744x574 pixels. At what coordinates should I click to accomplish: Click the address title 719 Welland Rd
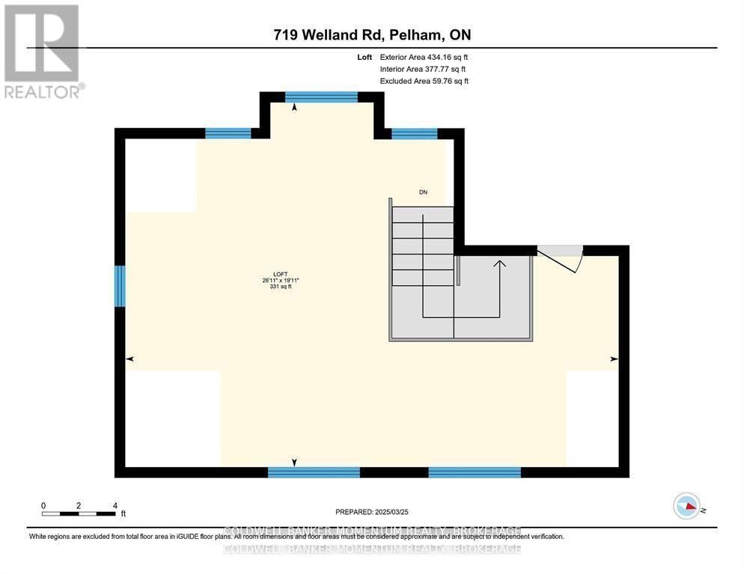pyautogui.click(x=372, y=34)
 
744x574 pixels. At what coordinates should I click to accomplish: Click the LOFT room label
pyautogui.click(x=281, y=274)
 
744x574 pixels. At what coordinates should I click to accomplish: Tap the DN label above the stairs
pyautogui.click(x=423, y=192)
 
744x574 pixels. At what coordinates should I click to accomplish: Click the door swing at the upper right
pyautogui.click(x=561, y=259)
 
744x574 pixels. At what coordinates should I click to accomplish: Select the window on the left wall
pyautogui.click(x=119, y=286)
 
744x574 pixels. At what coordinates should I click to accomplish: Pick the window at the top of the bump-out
pyautogui.click(x=322, y=97)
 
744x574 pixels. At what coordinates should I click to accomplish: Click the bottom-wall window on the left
pyautogui.click(x=314, y=471)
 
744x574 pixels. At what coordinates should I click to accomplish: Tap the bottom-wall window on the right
pyautogui.click(x=474, y=471)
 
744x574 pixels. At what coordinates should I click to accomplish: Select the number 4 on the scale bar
pyautogui.click(x=115, y=505)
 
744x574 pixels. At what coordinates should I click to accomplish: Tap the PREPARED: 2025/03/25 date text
pyautogui.click(x=372, y=512)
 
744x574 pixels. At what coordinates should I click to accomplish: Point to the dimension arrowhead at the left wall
pyautogui.click(x=129, y=359)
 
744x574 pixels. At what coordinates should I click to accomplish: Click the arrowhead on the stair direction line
pyautogui.click(x=498, y=263)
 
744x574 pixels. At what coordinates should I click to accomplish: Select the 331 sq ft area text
pyautogui.click(x=281, y=287)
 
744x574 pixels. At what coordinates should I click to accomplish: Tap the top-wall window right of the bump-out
pyautogui.click(x=414, y=134)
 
